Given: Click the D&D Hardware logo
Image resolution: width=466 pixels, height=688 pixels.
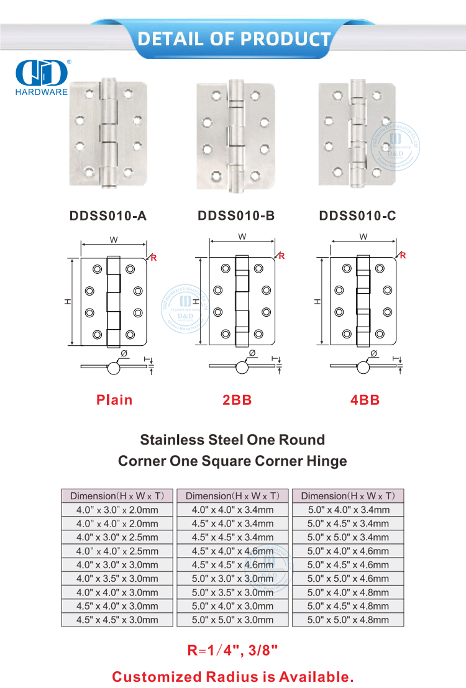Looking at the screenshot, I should click(41, 78).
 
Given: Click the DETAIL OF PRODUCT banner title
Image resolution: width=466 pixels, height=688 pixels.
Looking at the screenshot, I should click(234, 38).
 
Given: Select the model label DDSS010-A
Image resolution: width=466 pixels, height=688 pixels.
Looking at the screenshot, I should click(108, 216).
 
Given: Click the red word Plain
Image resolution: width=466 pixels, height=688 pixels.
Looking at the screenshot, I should click(114, 400).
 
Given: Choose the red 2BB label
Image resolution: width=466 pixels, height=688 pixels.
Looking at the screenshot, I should click(237, 400).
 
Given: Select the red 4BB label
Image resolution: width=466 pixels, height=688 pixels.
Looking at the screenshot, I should click(365, 400).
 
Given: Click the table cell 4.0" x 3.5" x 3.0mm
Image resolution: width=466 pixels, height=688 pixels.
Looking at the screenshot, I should click(117, 579).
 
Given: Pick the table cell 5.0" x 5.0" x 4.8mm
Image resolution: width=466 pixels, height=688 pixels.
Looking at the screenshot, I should click(348, 620).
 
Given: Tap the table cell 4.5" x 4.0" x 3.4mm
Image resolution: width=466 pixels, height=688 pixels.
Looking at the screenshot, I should click(232, 523).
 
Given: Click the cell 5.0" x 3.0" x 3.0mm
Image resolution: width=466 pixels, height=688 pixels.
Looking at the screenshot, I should click(232, 579).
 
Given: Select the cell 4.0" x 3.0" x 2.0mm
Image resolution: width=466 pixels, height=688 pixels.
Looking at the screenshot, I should click(117, 510).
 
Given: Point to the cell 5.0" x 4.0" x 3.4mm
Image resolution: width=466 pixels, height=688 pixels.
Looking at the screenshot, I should click(348, 510).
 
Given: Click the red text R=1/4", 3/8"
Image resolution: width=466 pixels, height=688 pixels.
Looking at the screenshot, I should click(232, 651).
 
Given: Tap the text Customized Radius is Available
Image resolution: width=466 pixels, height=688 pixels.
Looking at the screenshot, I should click(232, 676).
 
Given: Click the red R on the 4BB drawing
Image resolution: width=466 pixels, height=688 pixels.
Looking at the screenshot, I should click(403, 255).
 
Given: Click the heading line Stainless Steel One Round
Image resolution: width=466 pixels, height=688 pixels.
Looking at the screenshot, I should click(232, 440).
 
